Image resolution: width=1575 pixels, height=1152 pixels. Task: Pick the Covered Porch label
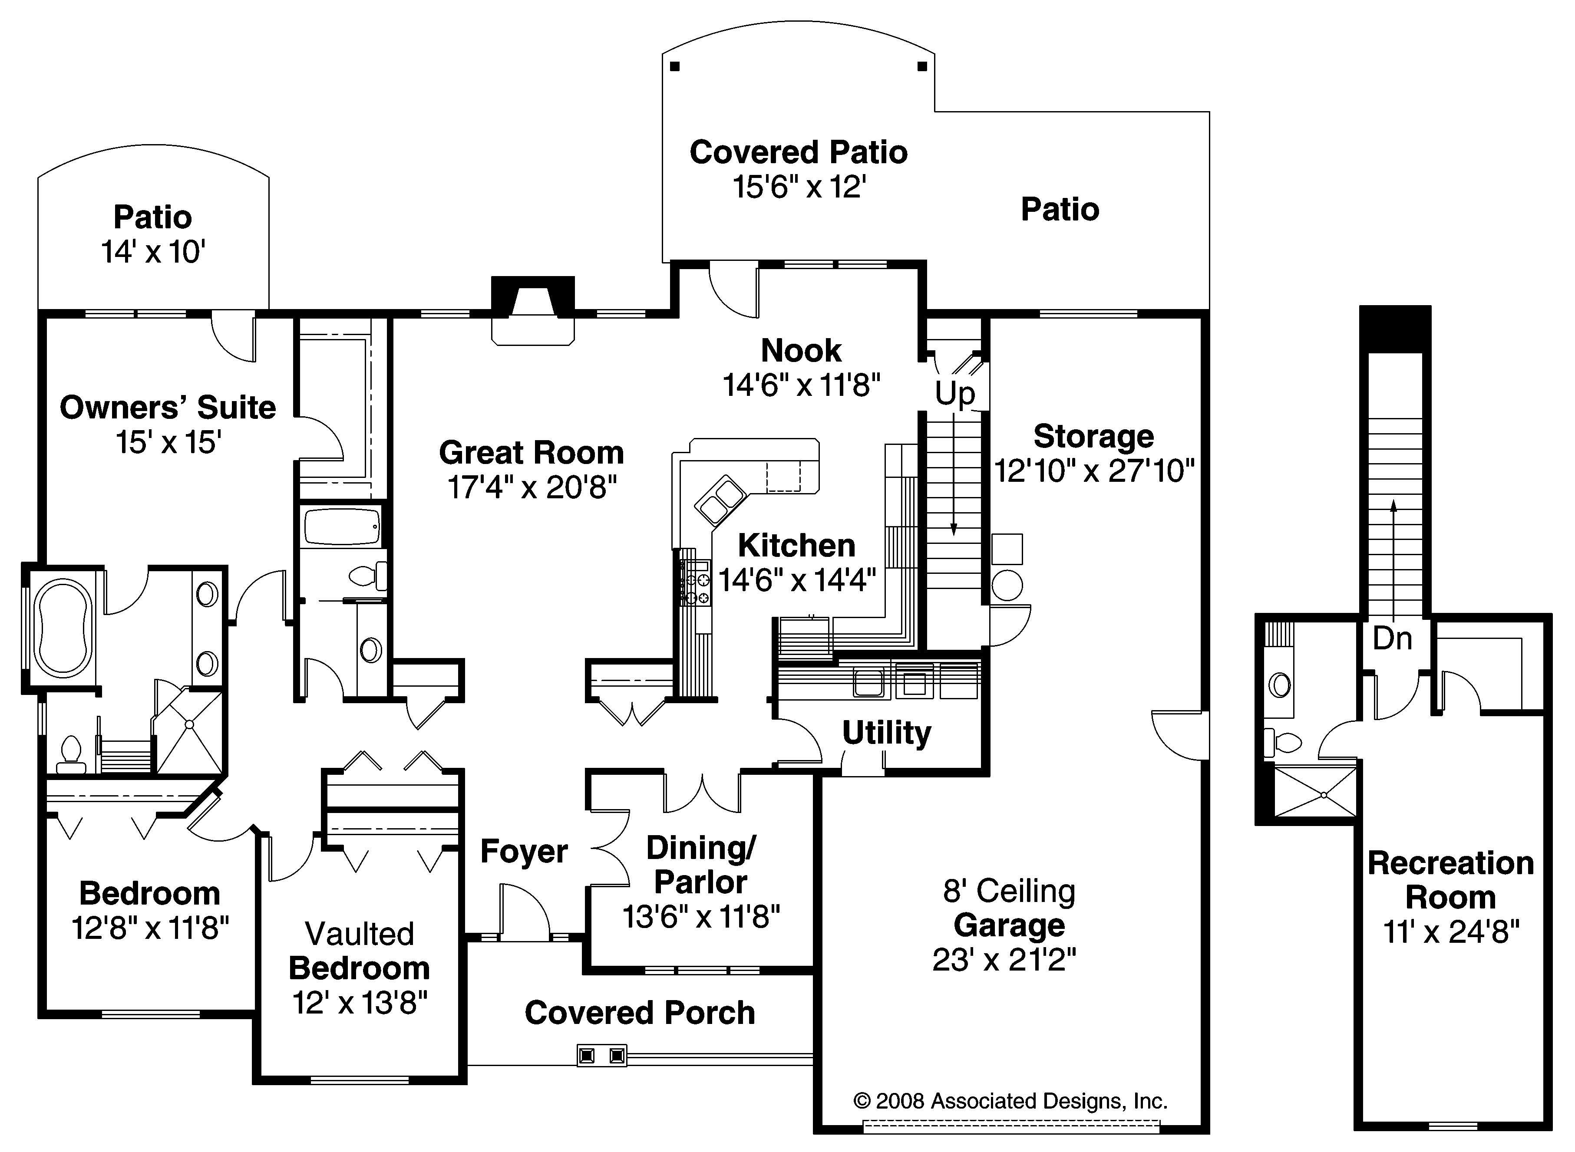(640, 1013)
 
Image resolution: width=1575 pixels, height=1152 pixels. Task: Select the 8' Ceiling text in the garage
(1009, 891)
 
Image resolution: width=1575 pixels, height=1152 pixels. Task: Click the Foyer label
(524, 852)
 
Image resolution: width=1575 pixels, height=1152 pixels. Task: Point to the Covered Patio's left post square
(674, 67)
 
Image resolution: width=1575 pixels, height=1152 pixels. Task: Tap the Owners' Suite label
(168, 408)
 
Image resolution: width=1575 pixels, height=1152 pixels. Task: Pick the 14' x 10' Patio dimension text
(153, 252)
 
